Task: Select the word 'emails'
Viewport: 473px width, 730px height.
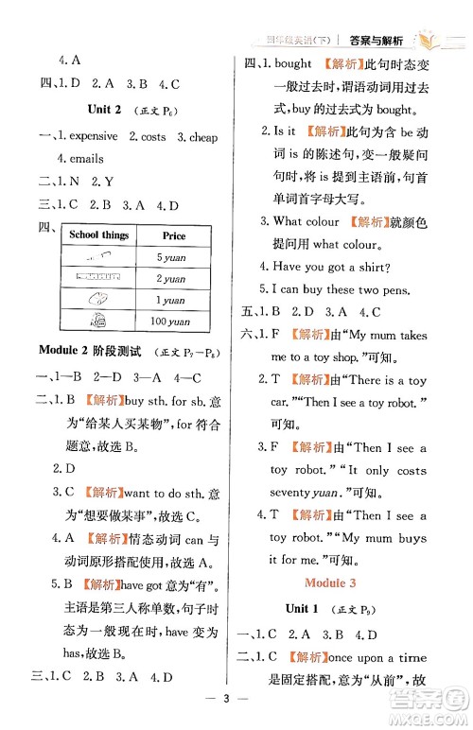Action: pyautogui.click(x=85, y=159)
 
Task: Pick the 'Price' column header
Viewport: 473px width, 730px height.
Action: pyautogui.click(x=174, y=235)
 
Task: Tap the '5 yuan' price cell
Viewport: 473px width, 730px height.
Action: pyautogui.click(x=171, y=258)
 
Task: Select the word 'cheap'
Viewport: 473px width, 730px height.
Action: pyautogui.click(x=203, y=136)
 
